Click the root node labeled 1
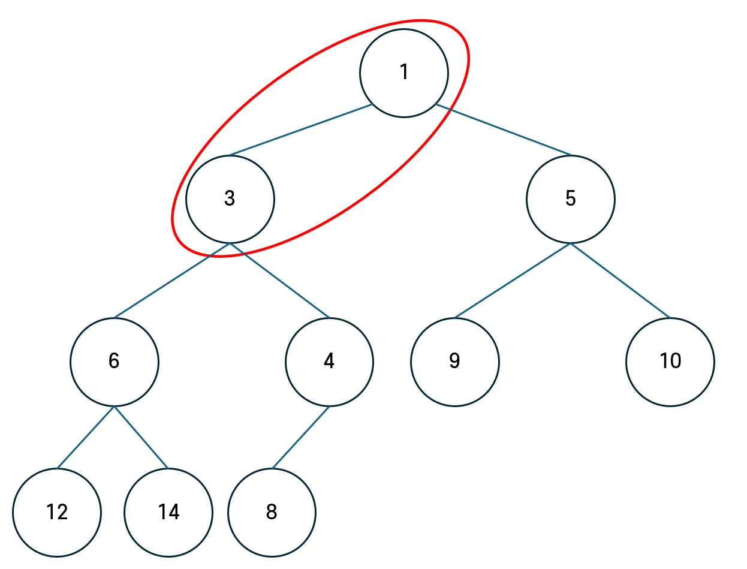[x=403, y=73]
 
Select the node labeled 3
[x=230, y=199]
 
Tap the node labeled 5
[x=570, y=199]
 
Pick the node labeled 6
[x=114, y=362]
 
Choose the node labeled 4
[x=329, y=362]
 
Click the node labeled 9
[x=454, y=362]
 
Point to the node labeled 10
[x=670, y=362]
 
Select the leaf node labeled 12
[x=57, y=513]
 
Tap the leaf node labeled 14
[x=168, y=513]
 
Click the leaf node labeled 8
[x=271, y=513]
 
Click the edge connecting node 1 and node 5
[x=504, y=130]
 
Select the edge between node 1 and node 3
[x=300, y=130]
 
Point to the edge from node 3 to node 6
[x=172, y=281]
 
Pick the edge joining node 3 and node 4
[x=279, y=281]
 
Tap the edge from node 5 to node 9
[x=513, y=281]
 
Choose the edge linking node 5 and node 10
[x=620, y=281]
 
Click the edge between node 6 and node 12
[x=86, y=437]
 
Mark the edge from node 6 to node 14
[x=141, y=437]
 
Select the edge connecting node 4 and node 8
[x=300, y=437]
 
